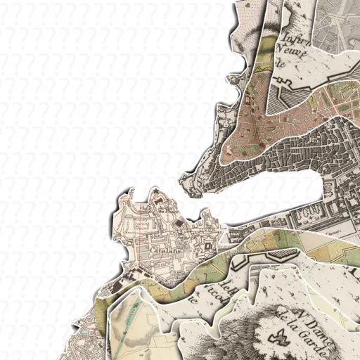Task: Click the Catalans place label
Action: (x=162, y=250)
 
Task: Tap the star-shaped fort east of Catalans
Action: (x=208, y=245)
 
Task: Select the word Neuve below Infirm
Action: (x=290, y=49)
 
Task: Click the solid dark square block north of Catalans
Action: (x=176, y=223)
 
